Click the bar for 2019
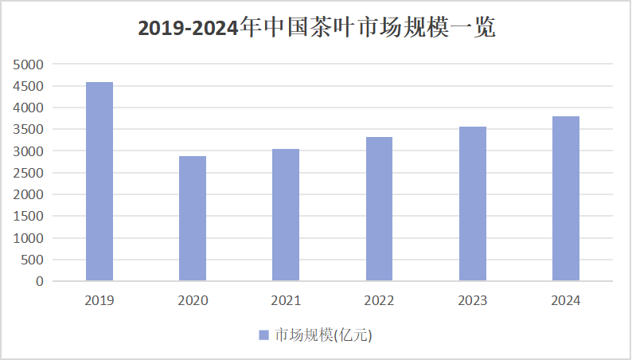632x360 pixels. tap(99, 182)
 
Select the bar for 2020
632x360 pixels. tap(193, 218)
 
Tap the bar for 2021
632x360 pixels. tap(286, 215)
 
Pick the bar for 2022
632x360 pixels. tap(379, 209)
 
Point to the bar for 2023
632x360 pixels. tap(472, 204)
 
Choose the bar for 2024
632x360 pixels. tap(565, 198)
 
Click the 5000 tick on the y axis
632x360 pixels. tap(29, 64)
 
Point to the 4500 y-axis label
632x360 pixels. tap(29, 86)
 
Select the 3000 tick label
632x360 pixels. tap(29, 151)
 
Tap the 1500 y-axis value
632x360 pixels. tap(29, 216)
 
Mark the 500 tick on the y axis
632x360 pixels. tap(33, 260)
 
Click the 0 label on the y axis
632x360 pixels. tap(40, 281)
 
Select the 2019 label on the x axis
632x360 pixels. tap(99, 301)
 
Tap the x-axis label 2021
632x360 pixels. tap(286, 301)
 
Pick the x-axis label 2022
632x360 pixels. tap(379, 301)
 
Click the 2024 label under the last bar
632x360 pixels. tap(565, 301)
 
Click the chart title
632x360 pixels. tap(316, 28)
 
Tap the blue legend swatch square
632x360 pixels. tap(264, 335)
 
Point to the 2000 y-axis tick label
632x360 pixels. tap(29, 194)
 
